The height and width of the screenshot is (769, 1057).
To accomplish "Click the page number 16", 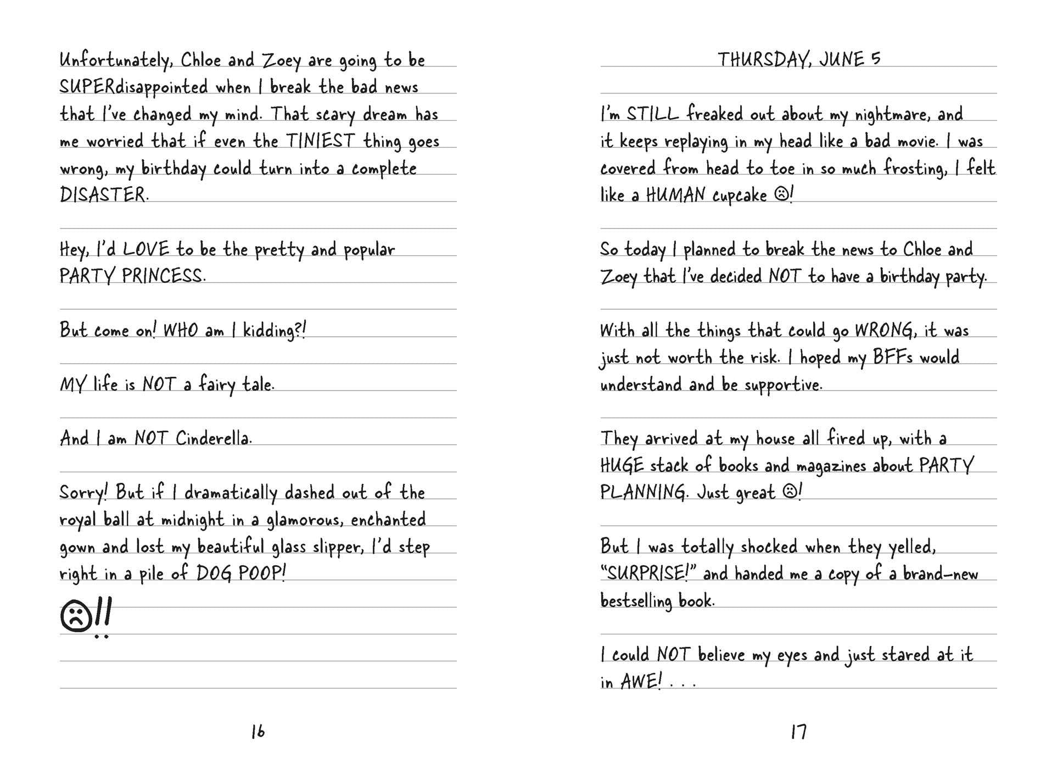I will [258, 731].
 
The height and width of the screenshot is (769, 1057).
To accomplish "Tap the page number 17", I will [798, 731].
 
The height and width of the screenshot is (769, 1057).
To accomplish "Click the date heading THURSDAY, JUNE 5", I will [799, 59].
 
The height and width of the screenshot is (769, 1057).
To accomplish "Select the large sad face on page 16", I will [77, 616].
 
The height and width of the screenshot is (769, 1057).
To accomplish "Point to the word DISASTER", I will [103, 194].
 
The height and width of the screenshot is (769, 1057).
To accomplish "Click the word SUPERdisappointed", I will [133, 87].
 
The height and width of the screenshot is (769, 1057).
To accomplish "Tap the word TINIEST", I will [320, 141].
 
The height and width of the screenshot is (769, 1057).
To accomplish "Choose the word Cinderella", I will [213, 438].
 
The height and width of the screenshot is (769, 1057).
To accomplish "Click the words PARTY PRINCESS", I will [132, 276].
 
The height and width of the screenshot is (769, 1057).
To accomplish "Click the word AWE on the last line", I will [640, 682].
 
